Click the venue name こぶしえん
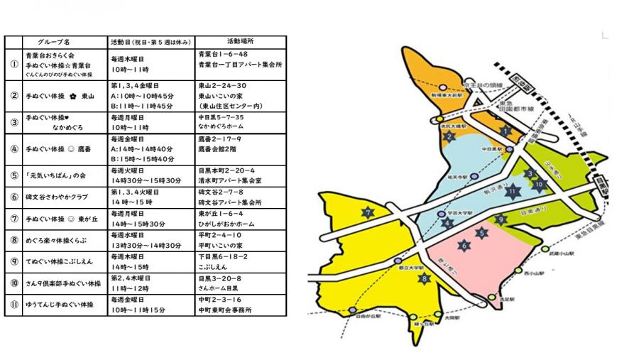(x=213, y=266)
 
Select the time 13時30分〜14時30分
(x=146, y=245)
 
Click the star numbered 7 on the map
(x=367, y=212)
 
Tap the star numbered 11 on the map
(x=512, y=190)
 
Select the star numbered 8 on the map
(x=425, y=278)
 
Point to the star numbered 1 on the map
(x=505, y=131)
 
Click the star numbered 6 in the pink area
(x=464, y=246)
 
